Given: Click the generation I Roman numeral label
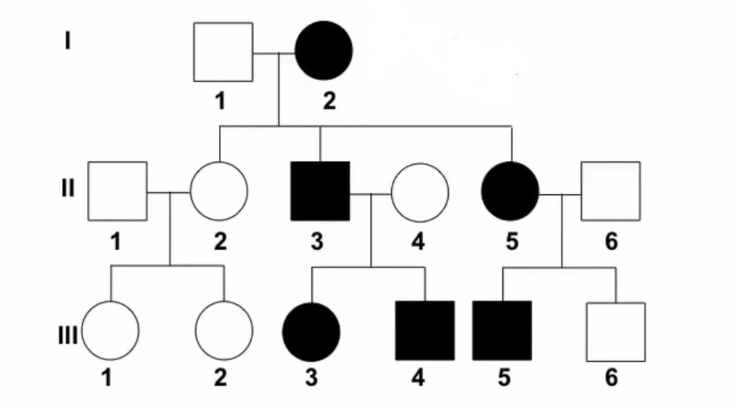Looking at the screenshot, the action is point(67,40).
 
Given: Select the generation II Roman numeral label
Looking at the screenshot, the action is point(67,188).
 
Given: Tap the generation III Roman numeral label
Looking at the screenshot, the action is point(67,336).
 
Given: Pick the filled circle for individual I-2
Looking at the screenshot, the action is point(324,50).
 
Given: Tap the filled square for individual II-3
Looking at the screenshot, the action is point(320,191).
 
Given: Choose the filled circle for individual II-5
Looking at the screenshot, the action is point(510,191).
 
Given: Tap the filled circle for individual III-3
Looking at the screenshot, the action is point(311,332).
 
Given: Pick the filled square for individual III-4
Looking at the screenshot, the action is point(425,331).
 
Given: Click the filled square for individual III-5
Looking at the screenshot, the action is point(502,331).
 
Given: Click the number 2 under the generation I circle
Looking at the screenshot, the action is point(330,101).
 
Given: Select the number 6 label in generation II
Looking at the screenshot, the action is point(611,241).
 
